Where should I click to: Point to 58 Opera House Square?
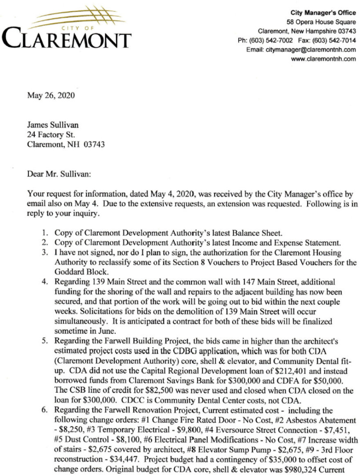click(x=321, y=22)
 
